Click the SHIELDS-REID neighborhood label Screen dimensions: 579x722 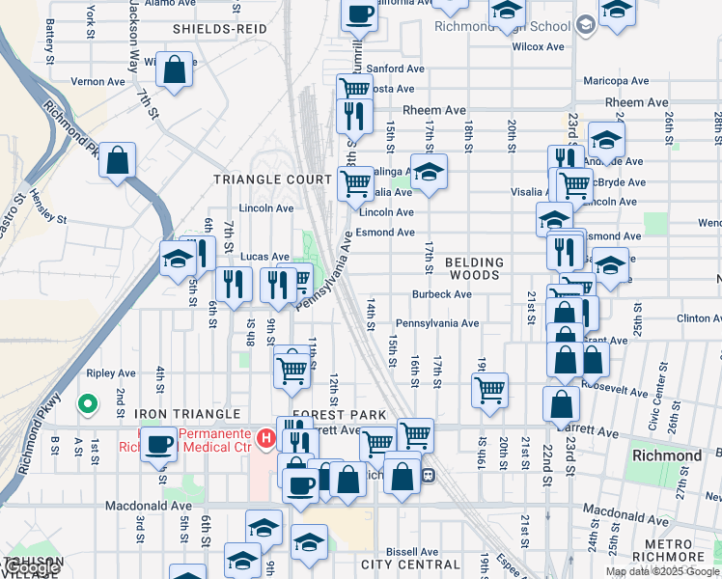pyautogui.click(x=219, y=30)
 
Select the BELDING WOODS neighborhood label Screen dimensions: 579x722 pyautogui.click(x=474, y=268)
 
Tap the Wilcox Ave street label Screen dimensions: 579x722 pyautogui.click(x=539, y=46)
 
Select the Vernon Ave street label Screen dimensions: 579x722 pyautogui.click(x=98, y=82)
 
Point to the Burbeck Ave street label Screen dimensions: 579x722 pyautogui.click(x=441, y=294)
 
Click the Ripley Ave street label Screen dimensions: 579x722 pyautogui.click(x=111, y=373)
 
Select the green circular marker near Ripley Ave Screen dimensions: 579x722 pyautogui.click(x=88, y=404)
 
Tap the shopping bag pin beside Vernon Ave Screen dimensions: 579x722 pyautogui.click(x=175, y=70)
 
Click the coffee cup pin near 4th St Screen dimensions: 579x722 pyautogui.click(x=159, y=444)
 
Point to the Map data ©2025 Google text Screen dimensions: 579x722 pyautogui.click(x=662, y=571)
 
